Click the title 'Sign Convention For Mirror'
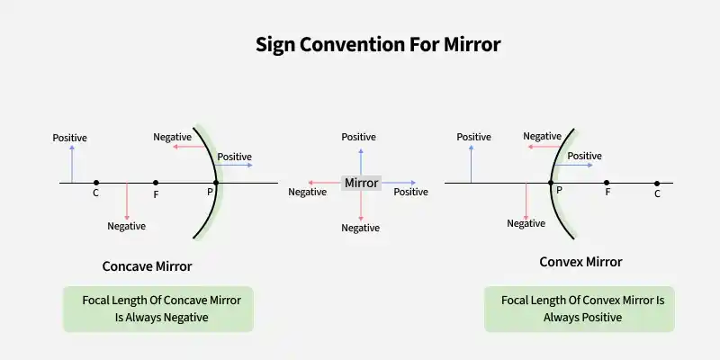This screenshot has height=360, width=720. click(x=378, y=45)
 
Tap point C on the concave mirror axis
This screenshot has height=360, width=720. click(x=96, y=183)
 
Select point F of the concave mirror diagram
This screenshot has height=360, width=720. click(x=156, y=183)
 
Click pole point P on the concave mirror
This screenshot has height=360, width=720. click(x=216, y=183)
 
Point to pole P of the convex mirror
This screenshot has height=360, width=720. click(x=551, y=183)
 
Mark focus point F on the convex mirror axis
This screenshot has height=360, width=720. click(x=607, y=183)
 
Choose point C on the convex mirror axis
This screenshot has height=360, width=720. click(x=657, y=184)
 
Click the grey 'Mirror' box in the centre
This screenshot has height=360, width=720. click(x=362, y=183)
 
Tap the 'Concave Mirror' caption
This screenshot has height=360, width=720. click(x=147, y=266)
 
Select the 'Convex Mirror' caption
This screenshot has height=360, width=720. click(x=580, y=262)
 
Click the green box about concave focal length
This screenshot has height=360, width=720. click(x=158, y=309)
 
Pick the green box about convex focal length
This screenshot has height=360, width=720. click(x=580, y=309)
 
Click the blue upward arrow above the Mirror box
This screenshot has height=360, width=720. click(x=361, y=162)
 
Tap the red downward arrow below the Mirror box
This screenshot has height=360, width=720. click(x=361, y=206)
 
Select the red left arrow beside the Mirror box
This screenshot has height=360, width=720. click(x=325, y=183)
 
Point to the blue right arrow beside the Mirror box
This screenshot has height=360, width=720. click(x=399, y=183)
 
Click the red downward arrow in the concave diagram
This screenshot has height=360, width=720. click(x=127, y=201)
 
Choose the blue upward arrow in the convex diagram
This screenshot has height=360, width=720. click(x=471, y=164)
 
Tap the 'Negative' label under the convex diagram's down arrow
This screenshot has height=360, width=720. click(x=526, y=223)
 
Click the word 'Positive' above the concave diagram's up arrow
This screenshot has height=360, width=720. click(x=70, y=138)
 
